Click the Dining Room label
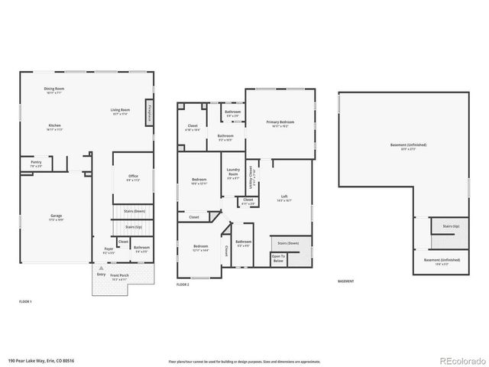pos(53,89)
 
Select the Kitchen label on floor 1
pos(54,127)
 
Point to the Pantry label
pos(36,163)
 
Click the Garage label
pos(56,217)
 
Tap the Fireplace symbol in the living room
pos(150,112)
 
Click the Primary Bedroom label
pos(280,123)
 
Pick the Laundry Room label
pos(232,175)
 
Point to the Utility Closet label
pos(251,182)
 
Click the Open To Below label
pos(278,260)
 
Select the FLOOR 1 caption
pos(25,302)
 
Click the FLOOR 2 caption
pos(183,284)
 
